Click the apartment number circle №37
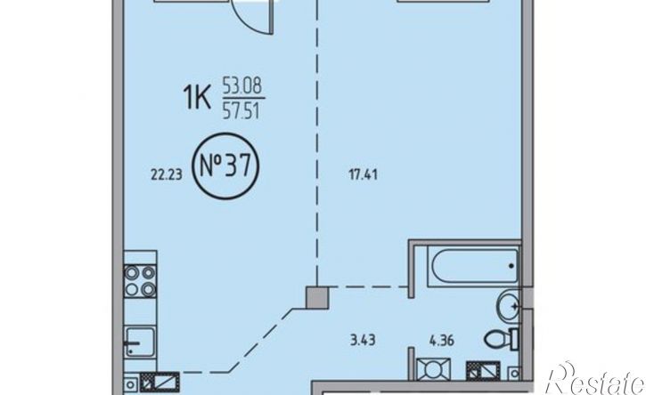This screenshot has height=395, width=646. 226,165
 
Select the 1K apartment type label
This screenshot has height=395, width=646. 197,98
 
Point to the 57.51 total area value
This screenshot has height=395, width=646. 241,111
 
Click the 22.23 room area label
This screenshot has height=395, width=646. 166,175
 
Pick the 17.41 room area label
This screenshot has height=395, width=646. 363,175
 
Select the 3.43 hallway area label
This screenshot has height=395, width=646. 363,340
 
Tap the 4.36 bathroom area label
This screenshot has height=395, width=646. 442,340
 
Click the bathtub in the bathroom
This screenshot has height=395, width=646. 474,266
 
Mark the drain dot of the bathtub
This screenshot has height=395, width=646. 511,266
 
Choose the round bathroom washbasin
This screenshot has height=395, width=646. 509,307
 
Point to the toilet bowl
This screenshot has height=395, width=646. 501,340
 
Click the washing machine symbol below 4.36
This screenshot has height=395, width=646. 433,369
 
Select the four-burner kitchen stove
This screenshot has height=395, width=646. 140,281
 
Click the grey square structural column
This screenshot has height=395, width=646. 317,298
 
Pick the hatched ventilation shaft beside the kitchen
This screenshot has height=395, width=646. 159,382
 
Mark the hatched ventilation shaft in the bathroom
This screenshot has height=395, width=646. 483,371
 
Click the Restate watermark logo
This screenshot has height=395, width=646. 595,379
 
